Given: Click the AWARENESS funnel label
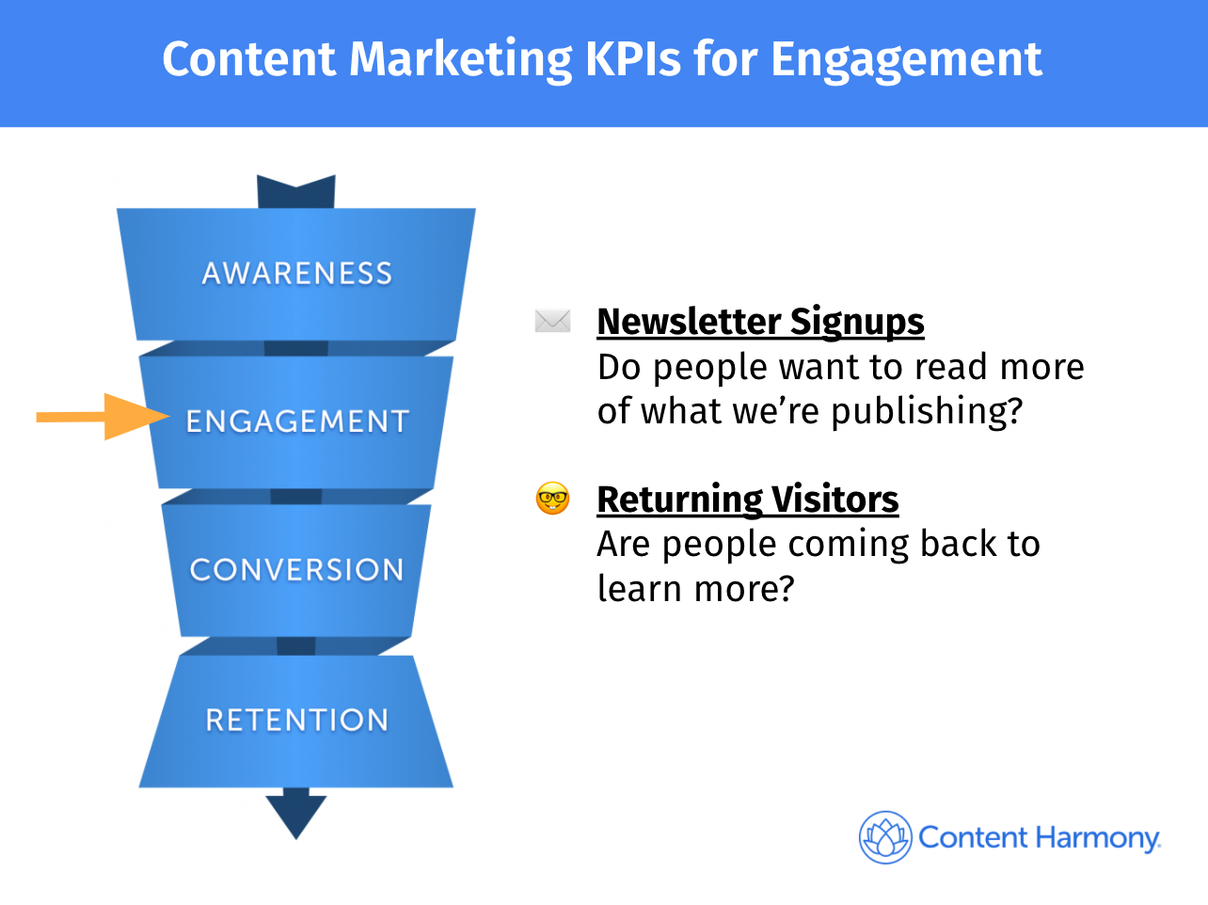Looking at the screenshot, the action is tap(297, 274).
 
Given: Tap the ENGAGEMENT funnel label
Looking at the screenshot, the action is tap(297, 421).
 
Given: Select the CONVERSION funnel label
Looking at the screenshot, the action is tap(297, 569).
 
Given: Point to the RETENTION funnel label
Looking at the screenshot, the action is tap(297, 721).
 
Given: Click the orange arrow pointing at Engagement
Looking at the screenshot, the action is tap(103, 417).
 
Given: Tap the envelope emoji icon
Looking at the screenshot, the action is tap(552, 322).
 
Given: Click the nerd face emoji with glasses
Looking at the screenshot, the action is tap(552, 499).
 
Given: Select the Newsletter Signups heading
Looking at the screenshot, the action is tap(760, 322).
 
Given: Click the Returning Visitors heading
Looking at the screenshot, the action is tap(748, 500).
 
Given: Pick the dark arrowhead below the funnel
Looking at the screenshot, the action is tap(296, 815).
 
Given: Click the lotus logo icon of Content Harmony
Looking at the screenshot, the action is tap(885, 837).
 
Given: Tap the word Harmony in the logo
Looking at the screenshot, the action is tap(1099, 838).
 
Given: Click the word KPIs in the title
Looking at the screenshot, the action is tap(633, 59).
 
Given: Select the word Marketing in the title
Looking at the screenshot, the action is tap(461, 61).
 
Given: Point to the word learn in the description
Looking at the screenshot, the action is tap(639, 589).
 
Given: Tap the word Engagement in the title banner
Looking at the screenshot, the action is tap(906, 61).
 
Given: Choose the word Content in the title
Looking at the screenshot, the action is tap(248, 59).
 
